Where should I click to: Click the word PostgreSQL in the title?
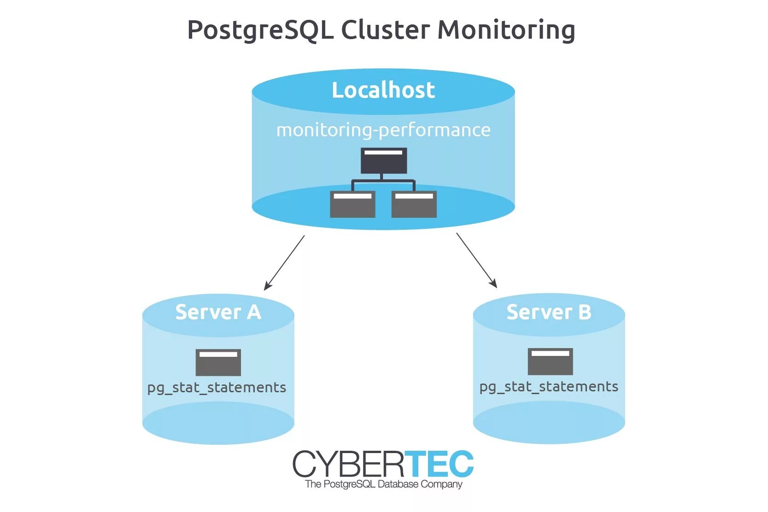coord(260,30)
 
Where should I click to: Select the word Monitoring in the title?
coord(506,30)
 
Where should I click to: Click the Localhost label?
coord(383,90)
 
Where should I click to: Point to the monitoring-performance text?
coord(383,130)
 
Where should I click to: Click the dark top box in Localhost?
coord(384,161)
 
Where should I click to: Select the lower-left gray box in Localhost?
coord(352,204)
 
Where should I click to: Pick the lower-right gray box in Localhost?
coord(414,204)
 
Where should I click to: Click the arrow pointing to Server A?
coord(285,262)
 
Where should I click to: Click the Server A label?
coord(218,312)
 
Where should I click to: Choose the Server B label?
coord(549,312)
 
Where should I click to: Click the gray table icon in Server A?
coord(218,362)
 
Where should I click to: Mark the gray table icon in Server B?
coord(550,361)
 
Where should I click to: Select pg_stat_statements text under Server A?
coord(217,388)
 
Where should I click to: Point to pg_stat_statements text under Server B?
coord(549,387)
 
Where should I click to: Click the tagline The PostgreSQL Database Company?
coord(383,484)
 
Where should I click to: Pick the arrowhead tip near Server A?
coord(265,289)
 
